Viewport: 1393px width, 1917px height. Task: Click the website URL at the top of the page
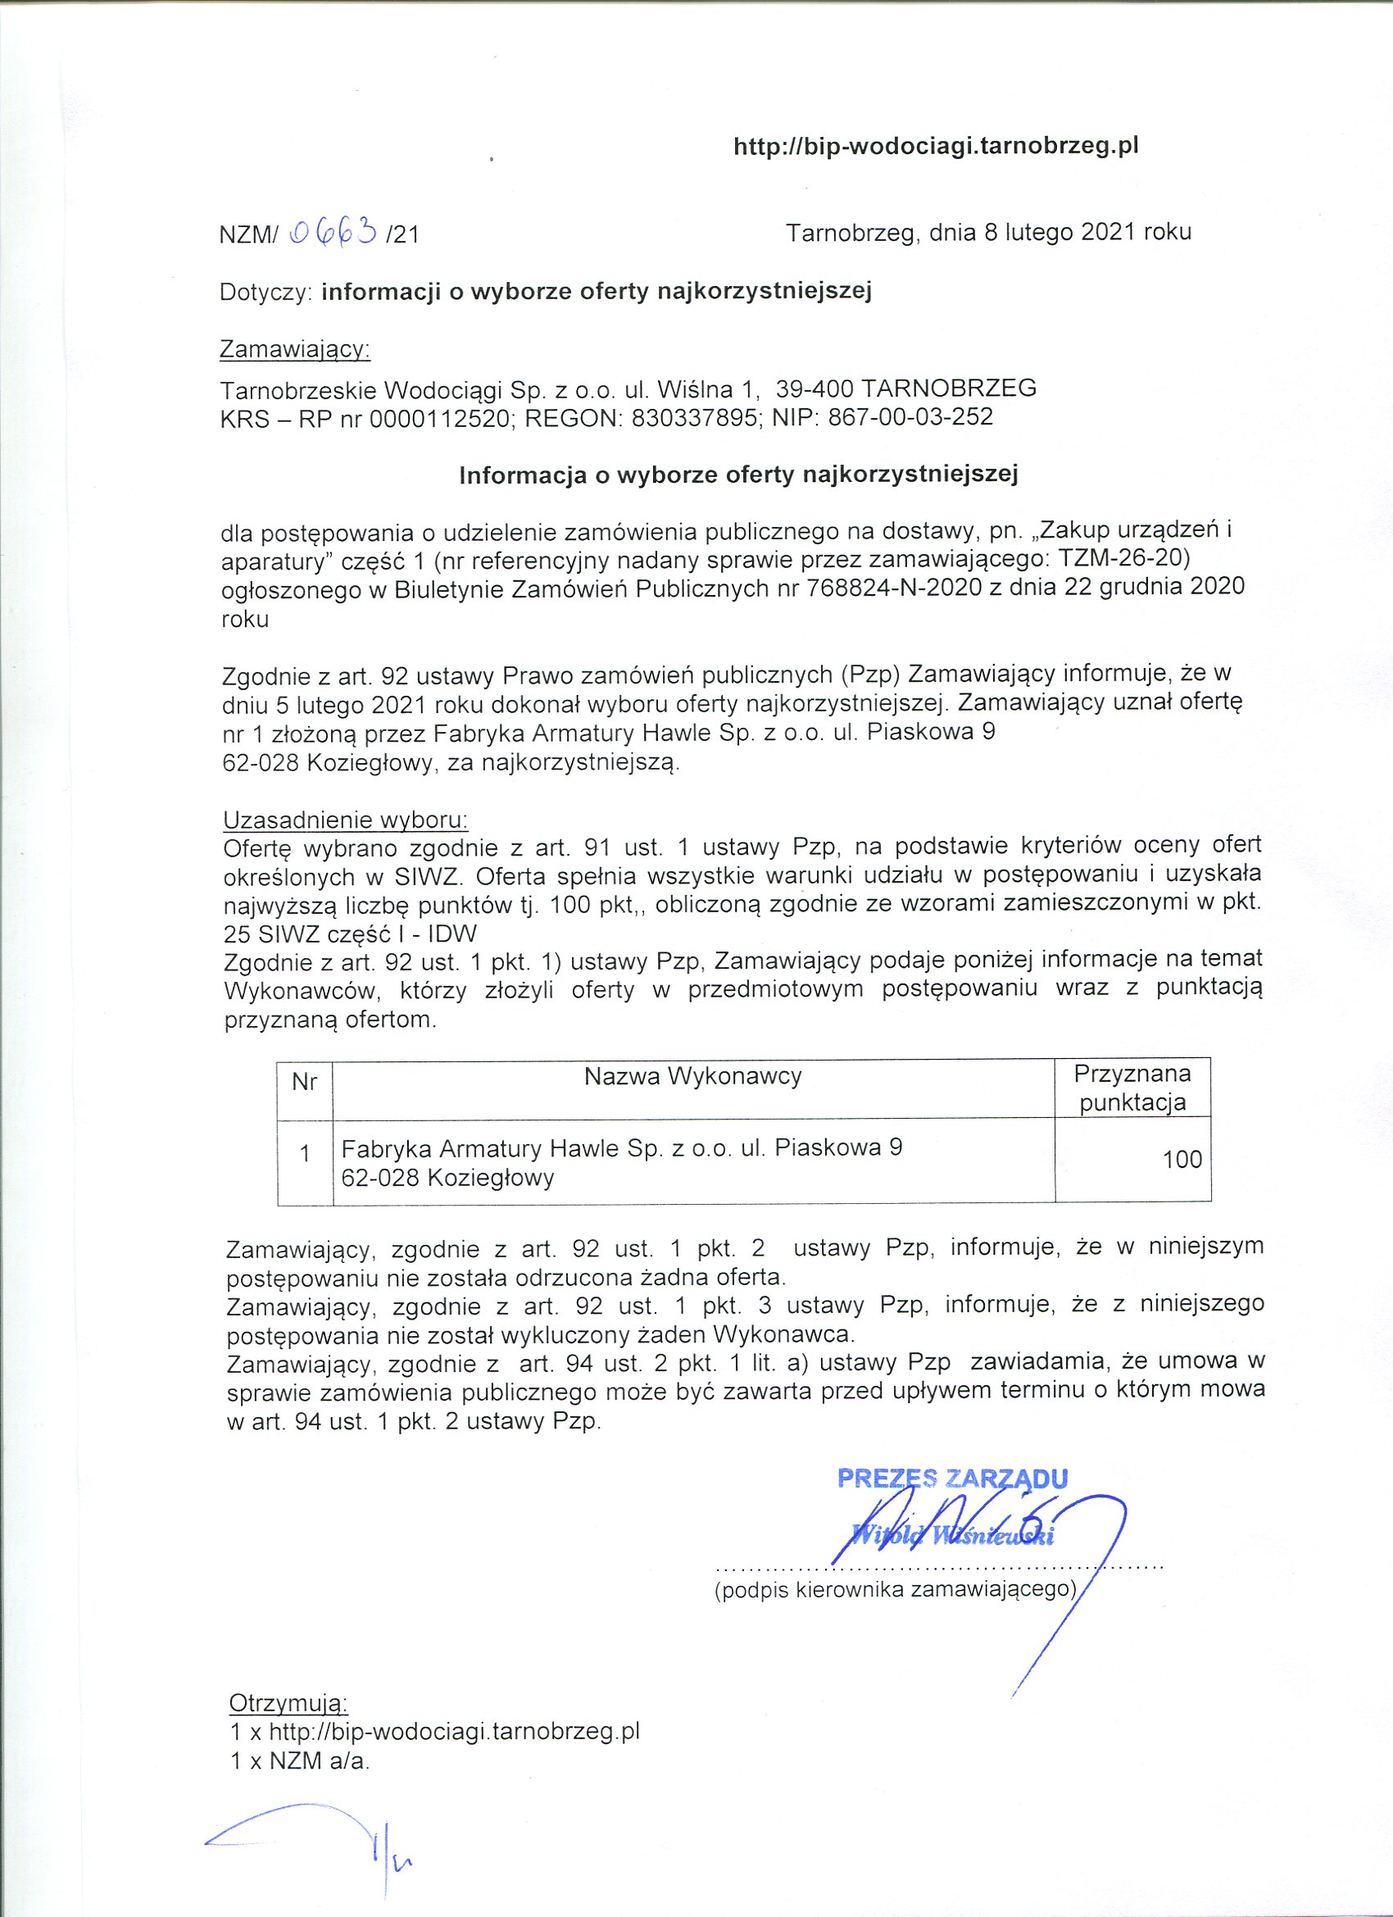(936, 147)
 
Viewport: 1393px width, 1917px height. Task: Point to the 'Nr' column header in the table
(304, 1082)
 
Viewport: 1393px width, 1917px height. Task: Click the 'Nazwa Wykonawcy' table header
(693, 1076)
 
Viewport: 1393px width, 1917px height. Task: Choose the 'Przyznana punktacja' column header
(1132, 1087)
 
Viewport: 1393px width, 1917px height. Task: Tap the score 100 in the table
(1182, 1159)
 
